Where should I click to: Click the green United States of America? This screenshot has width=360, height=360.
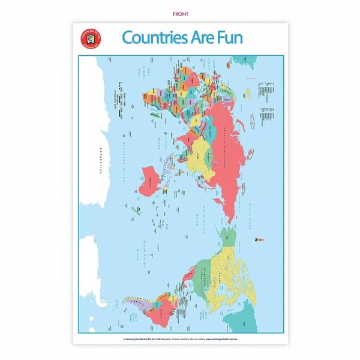click(210, 270)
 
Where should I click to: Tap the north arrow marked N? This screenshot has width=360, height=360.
click(259, 240)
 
